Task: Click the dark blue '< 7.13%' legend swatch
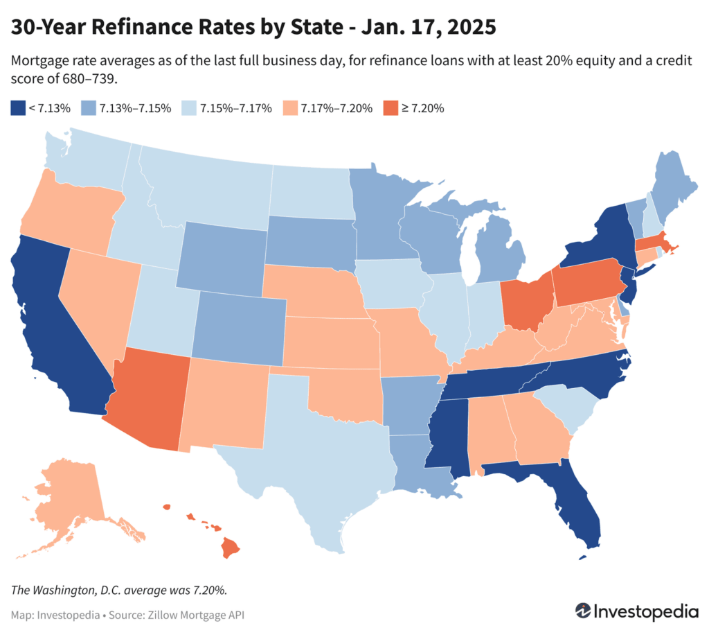17,108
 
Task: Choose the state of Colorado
239,326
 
